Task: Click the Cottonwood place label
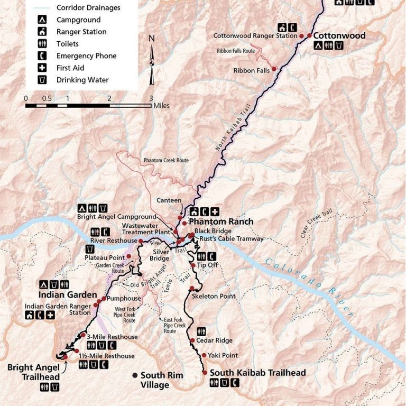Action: tap(339, 36)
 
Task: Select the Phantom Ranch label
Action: tap(221, 222)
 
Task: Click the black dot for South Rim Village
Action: tap(135, 375)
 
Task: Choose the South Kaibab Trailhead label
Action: tap(257, 373)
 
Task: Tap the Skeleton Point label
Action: tap(214, 296)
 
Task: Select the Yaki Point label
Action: tap(223, 355)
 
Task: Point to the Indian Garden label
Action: tap(68, 295)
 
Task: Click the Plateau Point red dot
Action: tap(128, 256)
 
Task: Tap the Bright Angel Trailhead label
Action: tap(33, 372)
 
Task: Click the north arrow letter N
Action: tap(152, 39)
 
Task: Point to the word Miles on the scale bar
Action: tap(162, 106)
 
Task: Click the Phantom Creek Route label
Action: tap(166, 160)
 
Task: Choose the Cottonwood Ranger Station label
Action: tap(255, 36)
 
